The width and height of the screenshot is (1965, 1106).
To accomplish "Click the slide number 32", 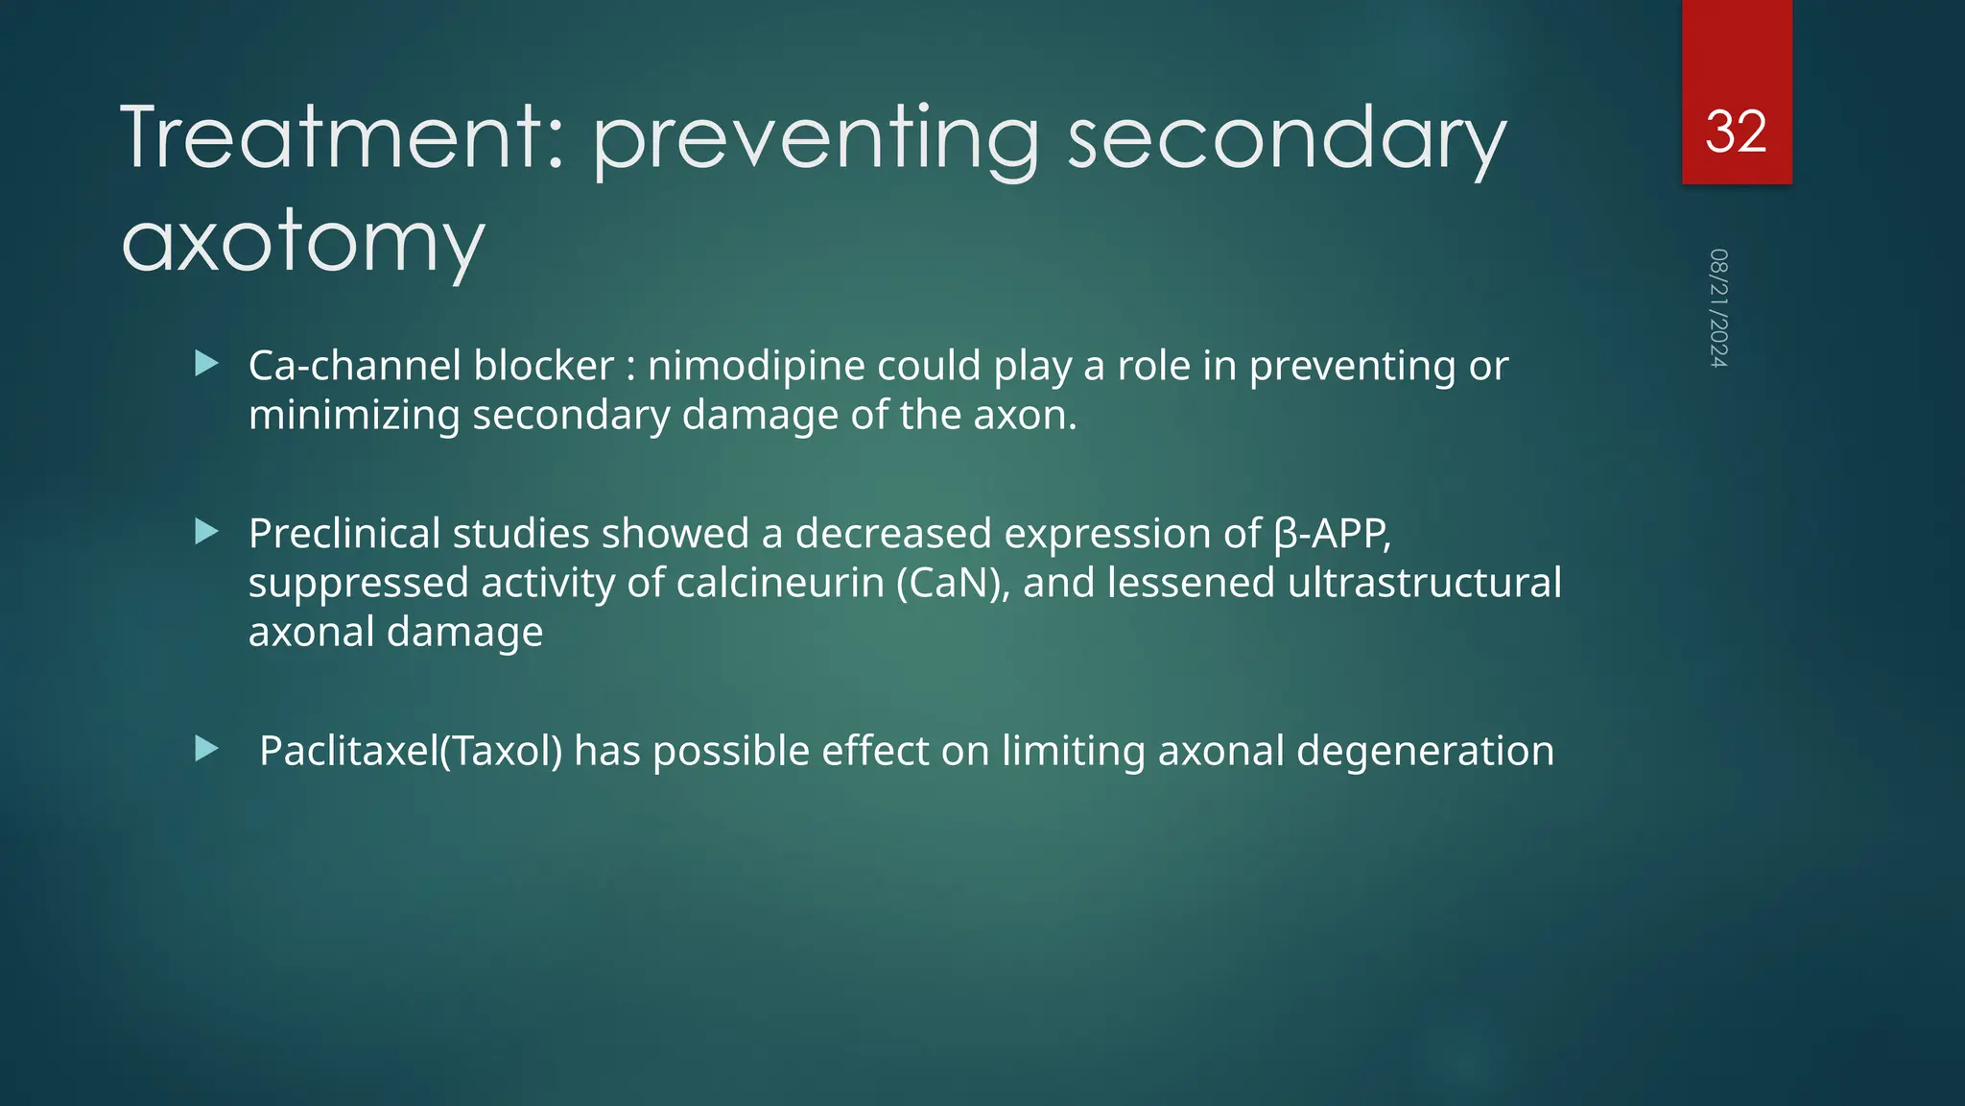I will pos(1736,132).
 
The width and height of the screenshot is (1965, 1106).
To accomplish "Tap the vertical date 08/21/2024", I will pos(1718,308).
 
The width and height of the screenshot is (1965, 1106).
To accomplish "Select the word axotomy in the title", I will pos(303,242).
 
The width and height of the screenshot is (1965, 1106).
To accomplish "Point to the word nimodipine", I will pos(756,366).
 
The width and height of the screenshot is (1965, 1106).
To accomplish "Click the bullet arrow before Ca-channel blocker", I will pos(206,364).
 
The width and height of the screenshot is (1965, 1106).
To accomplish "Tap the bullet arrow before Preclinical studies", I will pos(206,532).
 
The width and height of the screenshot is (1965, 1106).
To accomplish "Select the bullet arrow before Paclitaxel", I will pos(206,749).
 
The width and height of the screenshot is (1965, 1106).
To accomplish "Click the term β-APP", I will pos(1332,534).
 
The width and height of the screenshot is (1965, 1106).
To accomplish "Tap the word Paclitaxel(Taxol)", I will pos(411,751).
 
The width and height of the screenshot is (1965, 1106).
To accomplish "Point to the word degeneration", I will pos(1425,751).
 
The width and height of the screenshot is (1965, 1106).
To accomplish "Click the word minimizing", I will pos(354,416).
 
